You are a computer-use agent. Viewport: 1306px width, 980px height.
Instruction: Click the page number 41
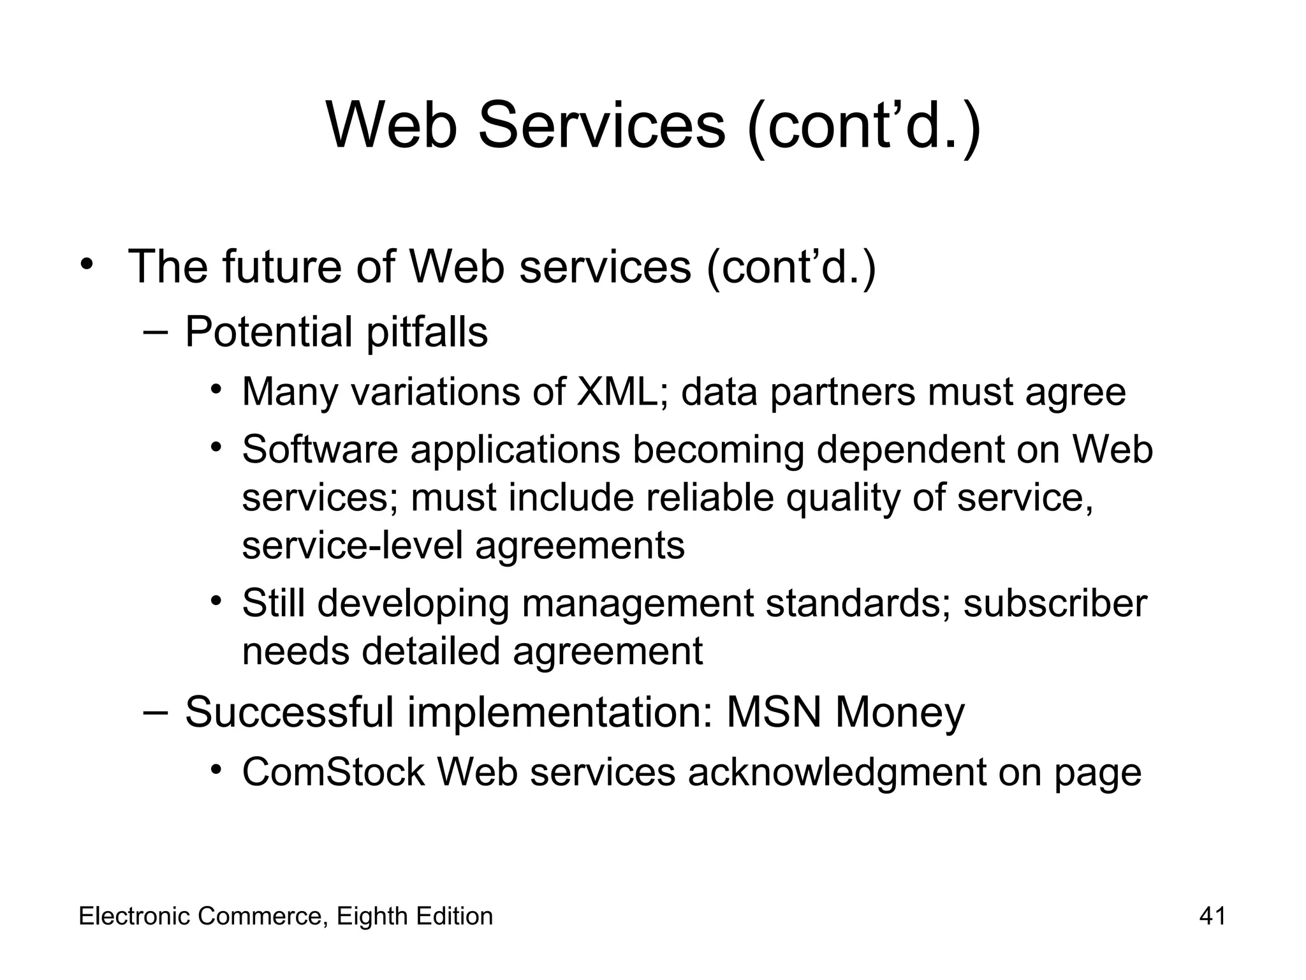coord(1212,916)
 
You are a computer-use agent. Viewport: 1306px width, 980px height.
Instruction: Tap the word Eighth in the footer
coord(372,917)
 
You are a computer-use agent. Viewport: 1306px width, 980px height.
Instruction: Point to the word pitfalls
coord(427,332)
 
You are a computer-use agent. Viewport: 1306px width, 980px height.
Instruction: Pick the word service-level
coord(352,546)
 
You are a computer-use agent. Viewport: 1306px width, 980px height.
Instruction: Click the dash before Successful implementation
coord(156,711)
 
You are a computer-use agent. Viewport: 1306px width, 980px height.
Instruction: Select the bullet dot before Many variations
coord(217,389)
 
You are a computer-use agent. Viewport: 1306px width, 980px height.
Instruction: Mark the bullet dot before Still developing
coord(217,601)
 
